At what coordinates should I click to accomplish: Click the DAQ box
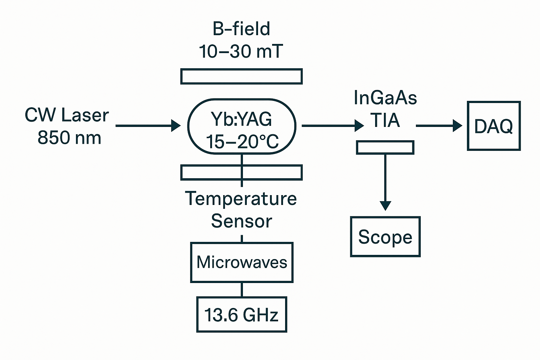(x=494, y=126)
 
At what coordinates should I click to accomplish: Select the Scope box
(x=385, y=237)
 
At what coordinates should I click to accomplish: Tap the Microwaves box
(x=242, y=262)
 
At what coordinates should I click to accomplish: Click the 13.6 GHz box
(x=242, y=315)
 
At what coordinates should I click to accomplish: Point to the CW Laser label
(x=67, y=115)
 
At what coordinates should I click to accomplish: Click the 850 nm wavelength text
(x=69, y=137)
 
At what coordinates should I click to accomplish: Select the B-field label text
(x=242, y=29)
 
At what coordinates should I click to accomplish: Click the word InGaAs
(x=385, y=98)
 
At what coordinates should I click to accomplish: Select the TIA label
(x=385, y=121)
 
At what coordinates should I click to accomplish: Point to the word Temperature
(x=241, y=199)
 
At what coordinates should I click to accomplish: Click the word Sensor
(x=242, y=221)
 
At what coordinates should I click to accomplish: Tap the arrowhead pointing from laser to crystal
(x=176, y=126)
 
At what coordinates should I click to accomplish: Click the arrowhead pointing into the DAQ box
(x=458, y=126)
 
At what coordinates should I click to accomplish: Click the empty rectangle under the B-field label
(x=242, y=77)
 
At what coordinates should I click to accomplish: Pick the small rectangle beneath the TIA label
(x=385, y=147)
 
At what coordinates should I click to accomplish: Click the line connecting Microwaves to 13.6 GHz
(x=242, y=290)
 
